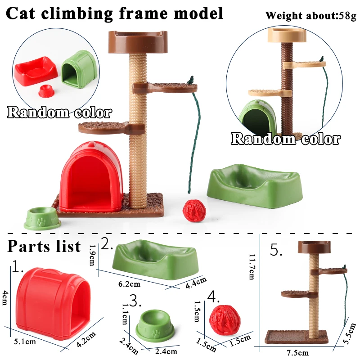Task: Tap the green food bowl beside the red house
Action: coord(43,218)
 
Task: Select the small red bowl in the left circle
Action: coord(45,91)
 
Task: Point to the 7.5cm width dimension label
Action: coord(298,353)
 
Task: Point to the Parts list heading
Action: coord(44,246)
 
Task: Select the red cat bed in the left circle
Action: coord(36,69)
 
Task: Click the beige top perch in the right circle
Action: coord(287,35)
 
